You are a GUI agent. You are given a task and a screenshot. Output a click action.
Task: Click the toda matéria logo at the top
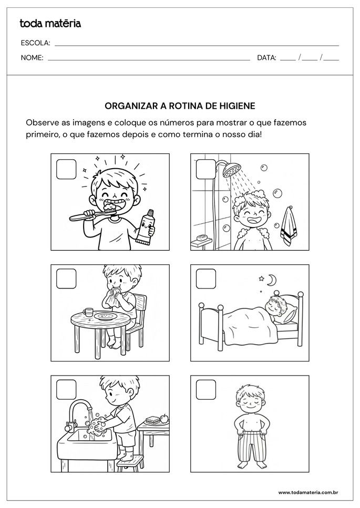coord(50,23)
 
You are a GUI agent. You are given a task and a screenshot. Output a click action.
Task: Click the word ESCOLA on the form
coord(35,43)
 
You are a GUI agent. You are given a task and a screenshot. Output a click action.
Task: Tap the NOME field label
coord(32,58)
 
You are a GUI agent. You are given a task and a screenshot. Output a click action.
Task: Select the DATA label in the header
coord(266,58)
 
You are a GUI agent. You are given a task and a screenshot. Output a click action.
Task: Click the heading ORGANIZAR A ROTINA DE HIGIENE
coord(180,106)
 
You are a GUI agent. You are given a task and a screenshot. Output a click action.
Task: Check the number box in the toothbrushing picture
coord(66,170)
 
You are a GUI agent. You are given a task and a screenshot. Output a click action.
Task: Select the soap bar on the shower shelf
coord(200,237)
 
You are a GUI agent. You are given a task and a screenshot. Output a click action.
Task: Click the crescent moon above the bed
coord(271,281)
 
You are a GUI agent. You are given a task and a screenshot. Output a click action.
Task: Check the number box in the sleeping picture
coord(206,279)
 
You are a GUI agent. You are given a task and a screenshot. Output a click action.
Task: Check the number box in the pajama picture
coord(206,390)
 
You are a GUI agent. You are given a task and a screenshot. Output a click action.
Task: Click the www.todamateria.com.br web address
coord(307,492)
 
